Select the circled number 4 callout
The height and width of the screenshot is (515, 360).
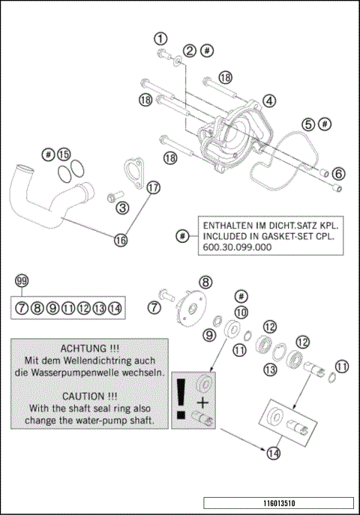pos(268,100)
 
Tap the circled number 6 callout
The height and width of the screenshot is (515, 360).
pos(338,174)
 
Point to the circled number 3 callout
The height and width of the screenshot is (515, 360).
pos(121,208)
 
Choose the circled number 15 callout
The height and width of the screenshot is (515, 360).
pos(64,154)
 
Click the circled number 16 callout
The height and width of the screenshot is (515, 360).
pos(121,240)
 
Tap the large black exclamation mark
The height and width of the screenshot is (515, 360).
pos(181,397)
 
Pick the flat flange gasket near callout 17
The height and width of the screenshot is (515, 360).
pos(134,173)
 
